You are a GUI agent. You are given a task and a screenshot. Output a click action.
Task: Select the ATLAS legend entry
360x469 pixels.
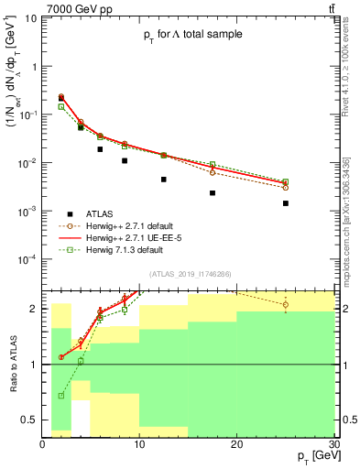tap(101, 212)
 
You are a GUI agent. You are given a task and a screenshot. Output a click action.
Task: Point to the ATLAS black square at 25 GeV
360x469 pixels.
tap(286, 203)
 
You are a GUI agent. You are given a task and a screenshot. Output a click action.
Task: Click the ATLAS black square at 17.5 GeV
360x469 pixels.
tap(213, 193)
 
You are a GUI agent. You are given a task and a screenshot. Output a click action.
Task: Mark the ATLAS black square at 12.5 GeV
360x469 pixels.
tap(164, 180)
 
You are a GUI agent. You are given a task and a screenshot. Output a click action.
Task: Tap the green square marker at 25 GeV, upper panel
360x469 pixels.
tap(286, 181)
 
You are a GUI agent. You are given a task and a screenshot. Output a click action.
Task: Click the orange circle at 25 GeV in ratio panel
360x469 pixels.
tap(286, 305)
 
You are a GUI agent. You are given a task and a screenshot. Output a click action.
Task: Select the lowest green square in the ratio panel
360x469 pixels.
tap(61, 396)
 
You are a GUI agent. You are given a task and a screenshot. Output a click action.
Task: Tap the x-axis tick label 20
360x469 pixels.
tap(237, 443)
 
